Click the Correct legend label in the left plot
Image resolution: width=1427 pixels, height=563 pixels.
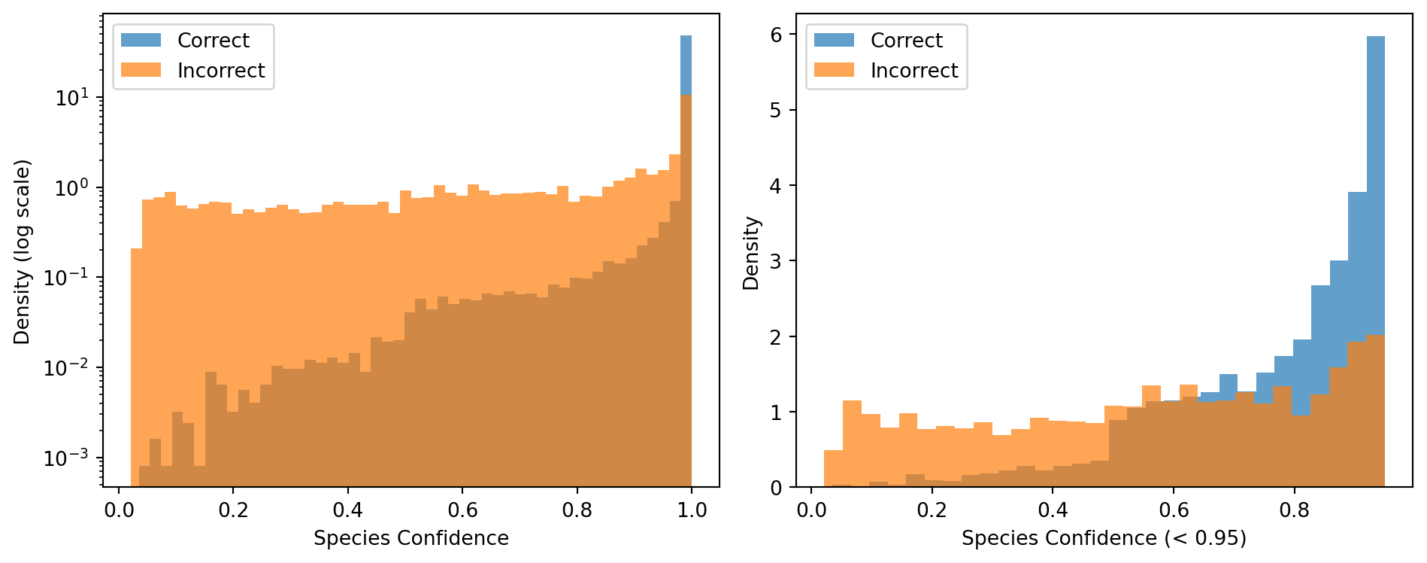tap(213, 41)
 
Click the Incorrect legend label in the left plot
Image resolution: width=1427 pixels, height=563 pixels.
tap(221, 71)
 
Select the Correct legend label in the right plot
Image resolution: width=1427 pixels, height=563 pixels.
tap(906, 41)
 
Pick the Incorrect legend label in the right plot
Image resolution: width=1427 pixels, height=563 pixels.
tap(914, 71)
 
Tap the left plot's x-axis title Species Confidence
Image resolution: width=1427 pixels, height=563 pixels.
tap(411, 538)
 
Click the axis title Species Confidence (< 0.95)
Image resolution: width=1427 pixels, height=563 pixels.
tap(1104, 538)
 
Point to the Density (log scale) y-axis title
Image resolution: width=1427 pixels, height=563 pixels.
tap(23, 251)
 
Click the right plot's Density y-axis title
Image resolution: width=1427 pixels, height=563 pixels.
tap(751, 253)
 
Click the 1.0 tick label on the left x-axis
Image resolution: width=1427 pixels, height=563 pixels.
tap(692, 510)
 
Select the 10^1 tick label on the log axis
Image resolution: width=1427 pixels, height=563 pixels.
tap(71, 97)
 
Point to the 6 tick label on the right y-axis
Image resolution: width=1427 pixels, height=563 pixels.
tap(776, 35)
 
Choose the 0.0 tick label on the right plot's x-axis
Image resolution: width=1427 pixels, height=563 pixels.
tap(811, 510)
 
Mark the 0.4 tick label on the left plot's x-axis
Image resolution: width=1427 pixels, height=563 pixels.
tap(347, 510)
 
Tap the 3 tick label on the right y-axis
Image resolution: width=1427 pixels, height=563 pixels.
tap(776, 262)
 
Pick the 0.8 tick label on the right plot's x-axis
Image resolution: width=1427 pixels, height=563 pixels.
tap(1294, 510)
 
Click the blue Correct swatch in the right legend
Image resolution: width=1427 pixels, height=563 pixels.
tap(834, 40)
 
